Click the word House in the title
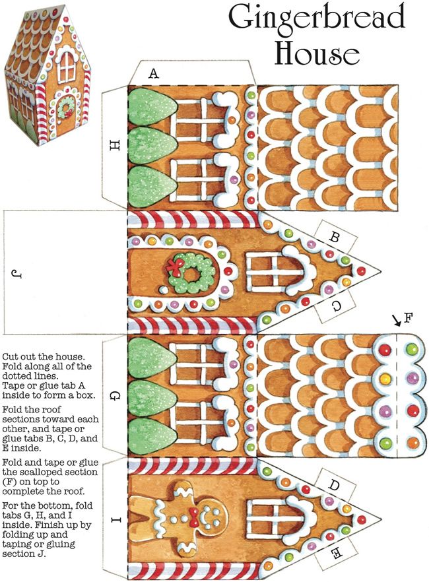click(316, 53)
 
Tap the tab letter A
click(154, 75)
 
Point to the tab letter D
click(335, 486)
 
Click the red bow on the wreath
click(176, 265)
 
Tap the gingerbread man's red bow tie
click(195, 515)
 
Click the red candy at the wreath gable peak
click(360, 271)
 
